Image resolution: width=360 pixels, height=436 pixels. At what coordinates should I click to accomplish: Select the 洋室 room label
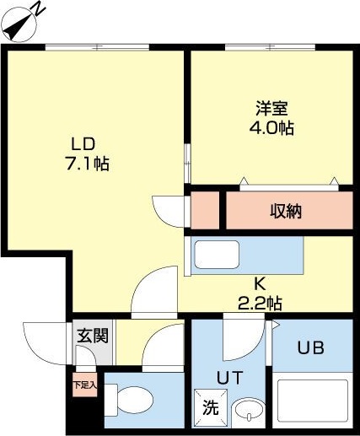273,109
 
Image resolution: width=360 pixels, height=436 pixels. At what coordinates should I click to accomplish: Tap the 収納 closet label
286,211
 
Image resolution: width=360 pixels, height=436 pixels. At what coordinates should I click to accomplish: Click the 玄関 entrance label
93,335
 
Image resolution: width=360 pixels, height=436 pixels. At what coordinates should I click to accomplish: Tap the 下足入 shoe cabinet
84,385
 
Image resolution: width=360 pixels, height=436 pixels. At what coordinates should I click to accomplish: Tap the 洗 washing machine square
207,405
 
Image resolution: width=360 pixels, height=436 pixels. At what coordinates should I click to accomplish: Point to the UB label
309,347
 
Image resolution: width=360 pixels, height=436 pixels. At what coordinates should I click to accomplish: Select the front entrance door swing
44,342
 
